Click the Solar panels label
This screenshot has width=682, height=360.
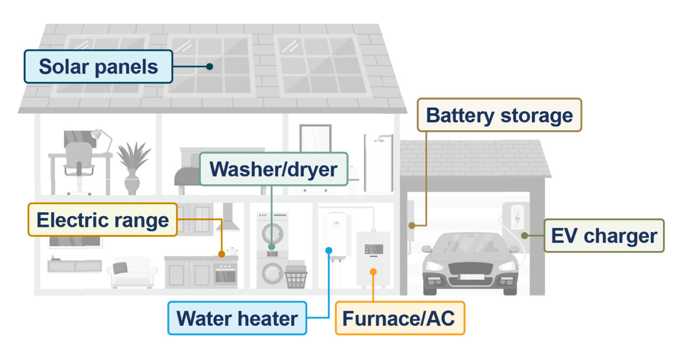pyautogui.click(x=99, y=67)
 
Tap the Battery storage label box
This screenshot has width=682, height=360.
pyautogui.click(x=499, y=114)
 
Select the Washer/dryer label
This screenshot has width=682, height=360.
pyautogui.click(x=273, y=169)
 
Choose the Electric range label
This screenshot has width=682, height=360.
pyautogui.click(x=102, y=219)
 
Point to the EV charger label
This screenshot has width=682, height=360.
pyautogui.click(x=604, y=235)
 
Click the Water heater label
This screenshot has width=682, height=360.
pyautogui.click(x=237, y=318)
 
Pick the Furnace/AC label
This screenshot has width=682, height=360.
pyautogui.click(x=400, y=318)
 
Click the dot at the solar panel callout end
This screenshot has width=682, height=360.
pyautogui.click(x=210, y=67)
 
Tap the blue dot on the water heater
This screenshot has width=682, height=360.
pyautogui.click(x=329, y=250)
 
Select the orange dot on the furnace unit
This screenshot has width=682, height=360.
pyautogui.click(x=373, y=272)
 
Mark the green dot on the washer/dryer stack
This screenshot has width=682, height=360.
pyautogui.click(x=272, y=247)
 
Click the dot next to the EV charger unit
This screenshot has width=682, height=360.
pyautogui.click(x=524, y=235)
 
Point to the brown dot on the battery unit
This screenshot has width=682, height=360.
pyautogui.click(x=411, y=225)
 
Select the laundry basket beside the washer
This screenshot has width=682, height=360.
pyautogui.click(x=296, y=275)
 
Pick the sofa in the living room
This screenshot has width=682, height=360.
pyautogui.click(x=132, y=273)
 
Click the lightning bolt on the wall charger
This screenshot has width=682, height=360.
pyautogui.click(x=516, y=217)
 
